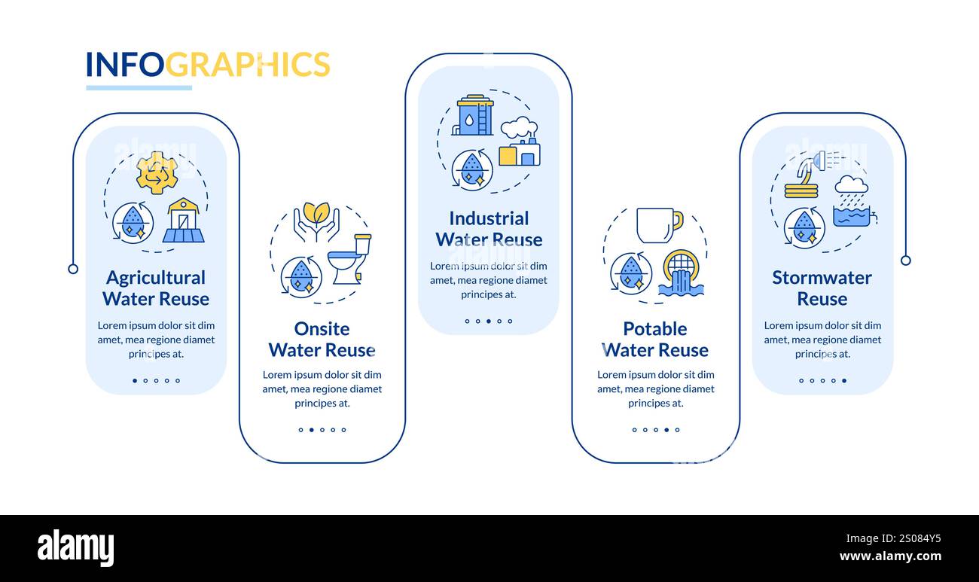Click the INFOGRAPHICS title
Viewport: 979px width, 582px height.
208,65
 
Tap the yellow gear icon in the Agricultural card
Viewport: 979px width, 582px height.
157,172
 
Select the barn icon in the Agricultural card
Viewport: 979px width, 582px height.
184,221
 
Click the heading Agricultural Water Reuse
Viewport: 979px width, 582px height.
156,288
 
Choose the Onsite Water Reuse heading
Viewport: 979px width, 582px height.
322,340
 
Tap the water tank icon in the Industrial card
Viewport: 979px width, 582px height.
474,115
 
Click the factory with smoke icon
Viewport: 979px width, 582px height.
520,142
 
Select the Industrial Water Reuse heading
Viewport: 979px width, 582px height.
489,229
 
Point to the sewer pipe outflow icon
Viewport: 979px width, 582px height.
681,273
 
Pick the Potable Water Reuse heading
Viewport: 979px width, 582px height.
655,340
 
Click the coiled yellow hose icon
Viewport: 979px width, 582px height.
801,189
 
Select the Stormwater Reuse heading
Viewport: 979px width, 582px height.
822,288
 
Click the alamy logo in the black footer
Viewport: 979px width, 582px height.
75,548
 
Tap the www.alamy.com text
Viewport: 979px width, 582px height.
890,557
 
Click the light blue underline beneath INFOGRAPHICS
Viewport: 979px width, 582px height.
139,88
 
